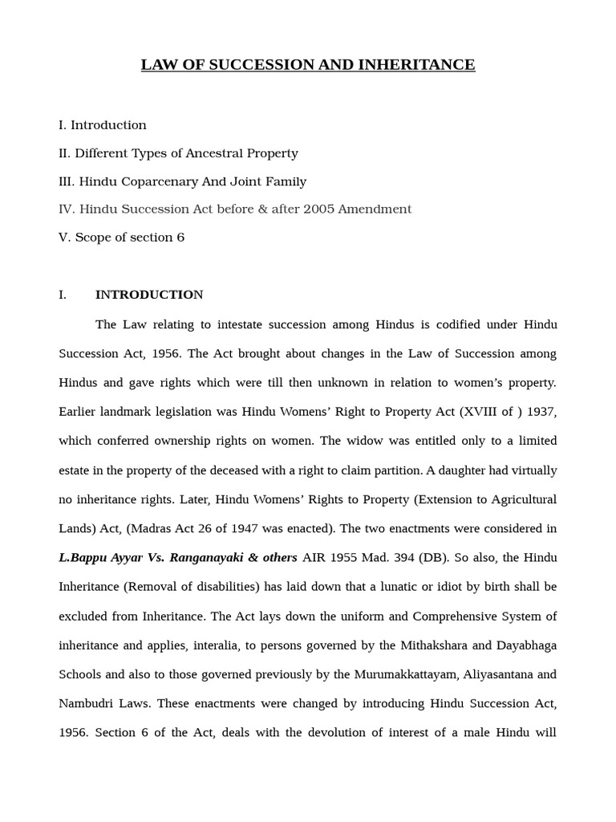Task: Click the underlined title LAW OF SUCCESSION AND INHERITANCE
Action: [x=308, y=65]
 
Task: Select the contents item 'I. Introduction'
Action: [x=103, y=125]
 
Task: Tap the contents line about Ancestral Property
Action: [x=178, y=153]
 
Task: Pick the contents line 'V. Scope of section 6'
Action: [x=121, y=238]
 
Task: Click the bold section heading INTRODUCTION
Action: [x=149, y=295]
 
